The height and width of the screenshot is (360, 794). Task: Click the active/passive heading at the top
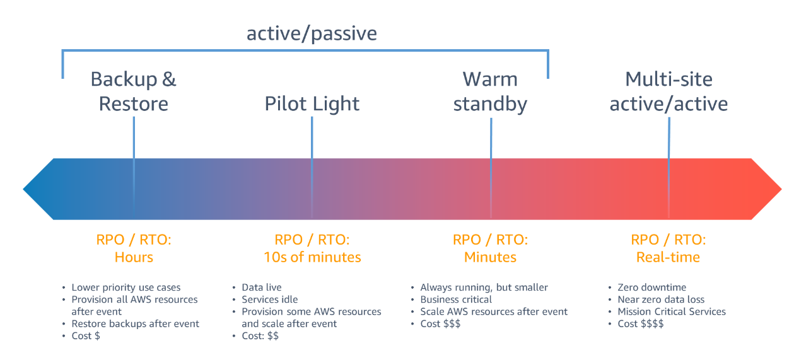point(312,34)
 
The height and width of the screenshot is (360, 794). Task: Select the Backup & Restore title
point(133,91)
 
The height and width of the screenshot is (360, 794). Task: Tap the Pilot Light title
point(312,104)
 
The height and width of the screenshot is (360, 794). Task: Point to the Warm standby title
point(490,91)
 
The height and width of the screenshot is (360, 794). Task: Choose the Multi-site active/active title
point(668,91)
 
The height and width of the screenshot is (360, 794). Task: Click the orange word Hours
point(134,257)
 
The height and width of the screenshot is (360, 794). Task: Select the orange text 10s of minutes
point(312,257)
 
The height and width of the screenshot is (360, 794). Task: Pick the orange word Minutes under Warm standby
point(490,257)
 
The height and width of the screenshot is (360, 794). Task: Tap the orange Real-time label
point(668,257)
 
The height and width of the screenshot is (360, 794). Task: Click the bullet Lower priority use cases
point(126,287)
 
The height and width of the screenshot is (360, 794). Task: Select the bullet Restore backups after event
point(136,324)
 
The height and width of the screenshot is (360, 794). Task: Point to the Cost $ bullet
point(86,336)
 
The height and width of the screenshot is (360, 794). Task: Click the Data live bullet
point(262,287)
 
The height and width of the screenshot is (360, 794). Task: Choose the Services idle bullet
point(270,299)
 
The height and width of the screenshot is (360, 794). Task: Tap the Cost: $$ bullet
point(260,336)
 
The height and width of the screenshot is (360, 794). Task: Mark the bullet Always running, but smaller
point(484,287)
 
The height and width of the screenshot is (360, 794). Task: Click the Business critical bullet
point(456,299)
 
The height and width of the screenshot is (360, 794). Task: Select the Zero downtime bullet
point(652,287)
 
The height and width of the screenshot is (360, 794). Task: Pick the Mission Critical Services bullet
point(672,311)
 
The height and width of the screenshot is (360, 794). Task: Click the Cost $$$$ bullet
point(641,324)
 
